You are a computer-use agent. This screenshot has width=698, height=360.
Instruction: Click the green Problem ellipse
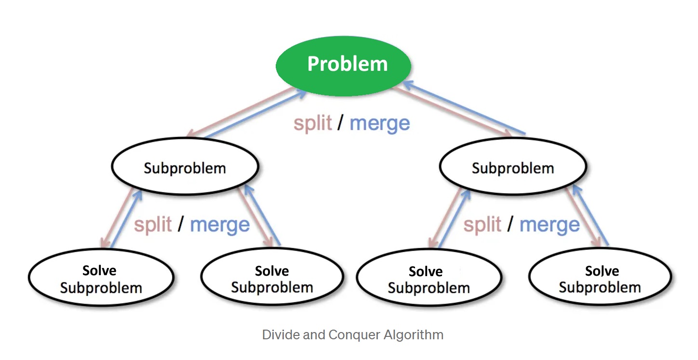click(343, 65)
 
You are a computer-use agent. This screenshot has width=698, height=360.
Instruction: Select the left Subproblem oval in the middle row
click(185, 167)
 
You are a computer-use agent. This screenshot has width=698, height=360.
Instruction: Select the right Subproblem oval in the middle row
click(513, 167)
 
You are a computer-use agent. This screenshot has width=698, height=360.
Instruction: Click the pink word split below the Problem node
click(313, 123)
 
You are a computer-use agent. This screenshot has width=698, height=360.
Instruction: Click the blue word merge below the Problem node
click(380, 123)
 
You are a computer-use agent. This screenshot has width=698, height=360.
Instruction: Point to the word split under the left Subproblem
click(153, 225)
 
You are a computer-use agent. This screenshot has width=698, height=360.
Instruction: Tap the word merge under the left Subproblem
click(220, 225)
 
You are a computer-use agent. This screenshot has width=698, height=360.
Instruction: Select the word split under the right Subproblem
click(483, 225)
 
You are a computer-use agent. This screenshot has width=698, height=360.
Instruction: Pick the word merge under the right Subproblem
click(550, 225)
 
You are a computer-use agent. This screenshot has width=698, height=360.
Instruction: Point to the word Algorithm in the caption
click(418, 334)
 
